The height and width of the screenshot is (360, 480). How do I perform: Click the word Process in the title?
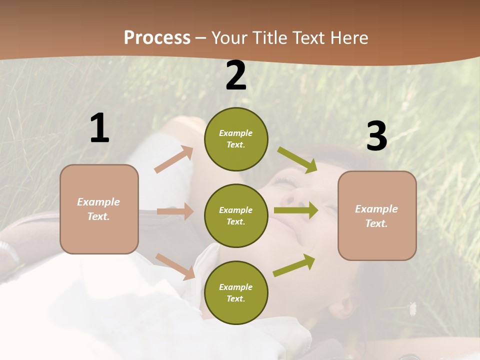[x=157, y=38]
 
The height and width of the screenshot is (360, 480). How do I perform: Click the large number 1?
[x=99, y=128]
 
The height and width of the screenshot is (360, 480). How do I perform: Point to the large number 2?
[x=236, y=75]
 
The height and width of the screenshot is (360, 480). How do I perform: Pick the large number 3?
[x=376, y=136]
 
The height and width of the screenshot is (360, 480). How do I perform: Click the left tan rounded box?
[x=99, y=209]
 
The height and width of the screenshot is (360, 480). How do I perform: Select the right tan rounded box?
[x=377, y=216]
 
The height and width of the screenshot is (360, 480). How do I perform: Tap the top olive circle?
[x=236, y=139]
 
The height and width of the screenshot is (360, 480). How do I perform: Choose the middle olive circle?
[x=236, y=216]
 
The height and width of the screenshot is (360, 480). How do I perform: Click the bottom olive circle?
[x=236, y=293]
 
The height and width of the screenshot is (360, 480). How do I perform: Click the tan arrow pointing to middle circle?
[x=175, y=211]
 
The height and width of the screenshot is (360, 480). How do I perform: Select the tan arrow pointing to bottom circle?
[x=175, y=266]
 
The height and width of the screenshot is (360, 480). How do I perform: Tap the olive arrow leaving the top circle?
[x=297, y=159]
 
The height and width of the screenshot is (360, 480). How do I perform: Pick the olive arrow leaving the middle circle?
[x=296, y=210]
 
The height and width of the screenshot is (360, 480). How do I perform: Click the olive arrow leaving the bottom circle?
[x=294, y=264]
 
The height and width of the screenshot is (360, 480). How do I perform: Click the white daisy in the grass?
[x=413, y=308]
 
